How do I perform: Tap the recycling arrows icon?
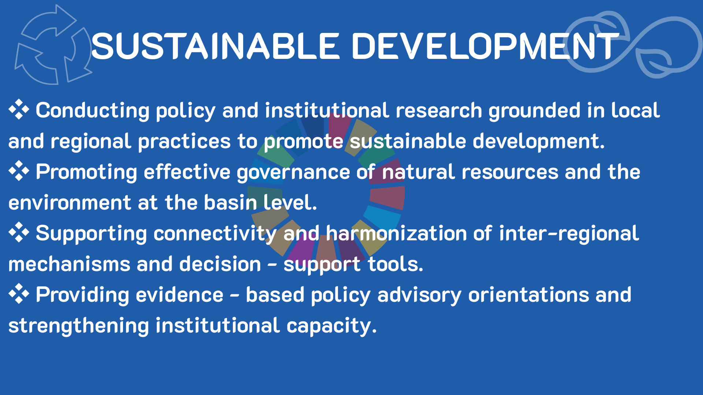[53, 45]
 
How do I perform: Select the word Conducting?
[93, 111]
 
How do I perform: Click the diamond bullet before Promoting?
[19, 171]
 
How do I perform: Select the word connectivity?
[215, 234]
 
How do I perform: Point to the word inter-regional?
[569, 234]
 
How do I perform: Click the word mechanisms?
[69, 264]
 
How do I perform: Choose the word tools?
[395, 264]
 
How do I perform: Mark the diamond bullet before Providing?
[19, 294]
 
